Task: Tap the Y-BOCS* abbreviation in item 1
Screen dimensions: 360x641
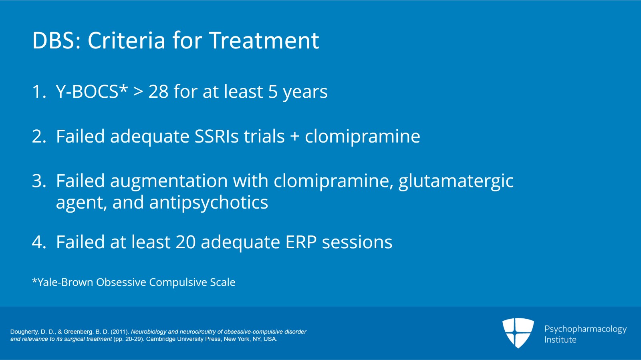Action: click(92, 92)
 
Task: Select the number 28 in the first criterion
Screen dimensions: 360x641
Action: click(158, 92)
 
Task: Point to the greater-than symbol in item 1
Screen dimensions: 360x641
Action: click(138, 92)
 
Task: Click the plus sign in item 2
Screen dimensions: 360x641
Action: click(295, 137)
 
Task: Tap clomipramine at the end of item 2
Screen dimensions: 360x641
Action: click(362, 137)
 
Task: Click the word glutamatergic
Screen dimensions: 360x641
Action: click(456, 181)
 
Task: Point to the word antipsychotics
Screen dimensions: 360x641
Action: click(208, 203)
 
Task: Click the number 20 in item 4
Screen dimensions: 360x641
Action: click(185, 242)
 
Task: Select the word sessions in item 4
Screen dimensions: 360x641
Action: click(357, 242)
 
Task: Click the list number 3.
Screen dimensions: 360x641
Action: click(38, 181)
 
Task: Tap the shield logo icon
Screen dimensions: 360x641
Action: click(518, 332)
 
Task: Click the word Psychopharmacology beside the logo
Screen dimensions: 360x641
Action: click(585, 329)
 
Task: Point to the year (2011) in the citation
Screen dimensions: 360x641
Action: click(119, 332)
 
